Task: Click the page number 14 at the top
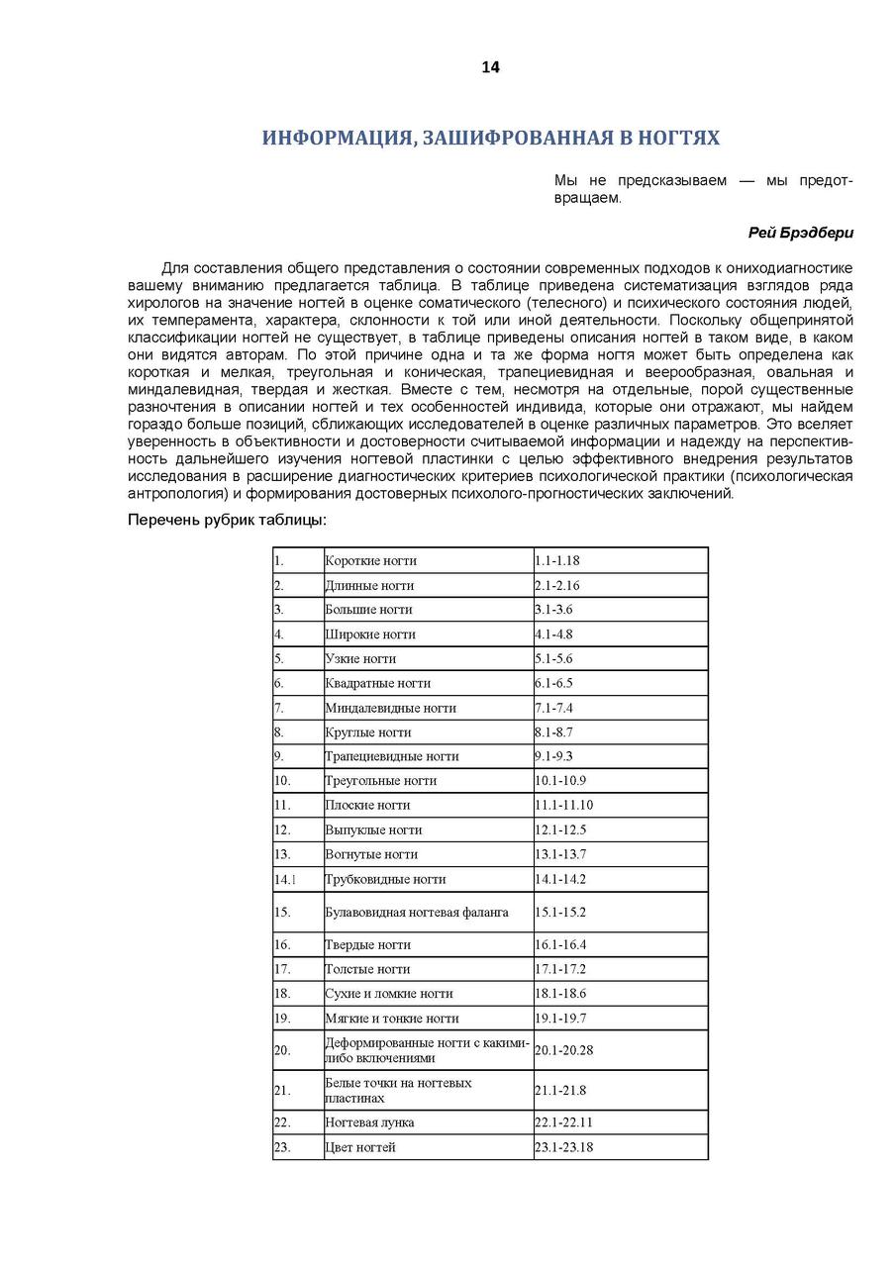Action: (x=490, y=67)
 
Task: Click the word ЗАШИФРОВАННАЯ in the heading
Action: (x=514, y=138)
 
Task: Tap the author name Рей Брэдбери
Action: (x=800, y=233)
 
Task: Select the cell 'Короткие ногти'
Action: (x=370, y=561)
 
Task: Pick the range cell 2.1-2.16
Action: (x=557, y=586)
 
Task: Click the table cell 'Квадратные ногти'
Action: (x=377, y=683)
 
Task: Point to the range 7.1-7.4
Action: (x=553, y=708)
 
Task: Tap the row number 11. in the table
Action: (x=282, y=806)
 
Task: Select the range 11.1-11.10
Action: (x=563, y=806)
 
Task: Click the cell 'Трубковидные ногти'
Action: (x=385, y=879)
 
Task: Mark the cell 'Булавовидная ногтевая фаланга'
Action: (x=416, y=912)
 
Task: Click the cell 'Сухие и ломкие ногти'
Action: (x=388, y=994)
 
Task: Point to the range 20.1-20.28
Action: (x=563, y=1050)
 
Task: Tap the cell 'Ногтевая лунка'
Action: (x=369, y=1123)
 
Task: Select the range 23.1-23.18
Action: (x=563, y=1148)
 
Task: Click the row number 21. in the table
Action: (x=282, y=1091)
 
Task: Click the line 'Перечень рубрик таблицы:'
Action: (x=227, y=521)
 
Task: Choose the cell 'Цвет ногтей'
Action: (x=360, y=1148)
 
